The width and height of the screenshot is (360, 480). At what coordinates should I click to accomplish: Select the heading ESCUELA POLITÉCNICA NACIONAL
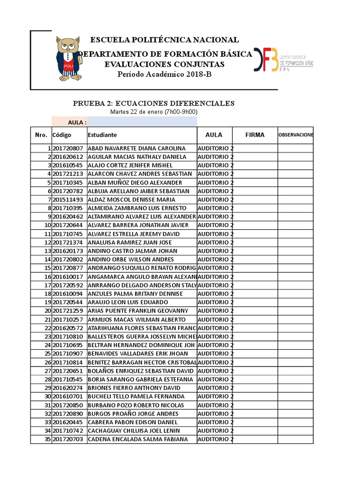164,40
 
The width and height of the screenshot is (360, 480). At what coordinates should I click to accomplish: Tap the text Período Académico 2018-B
161,75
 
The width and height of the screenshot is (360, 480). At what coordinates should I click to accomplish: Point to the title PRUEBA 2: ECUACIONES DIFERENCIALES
154,103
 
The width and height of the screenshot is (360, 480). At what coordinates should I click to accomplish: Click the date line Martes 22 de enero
154,112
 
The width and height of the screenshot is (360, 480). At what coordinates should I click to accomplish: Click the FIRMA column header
255,135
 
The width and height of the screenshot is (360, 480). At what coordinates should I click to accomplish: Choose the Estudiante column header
102,135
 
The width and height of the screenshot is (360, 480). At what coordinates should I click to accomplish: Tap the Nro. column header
41,135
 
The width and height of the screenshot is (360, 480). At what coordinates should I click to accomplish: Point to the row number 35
47,439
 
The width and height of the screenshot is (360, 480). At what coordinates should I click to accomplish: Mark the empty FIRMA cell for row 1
255,148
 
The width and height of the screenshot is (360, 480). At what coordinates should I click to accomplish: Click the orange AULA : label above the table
77,122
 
